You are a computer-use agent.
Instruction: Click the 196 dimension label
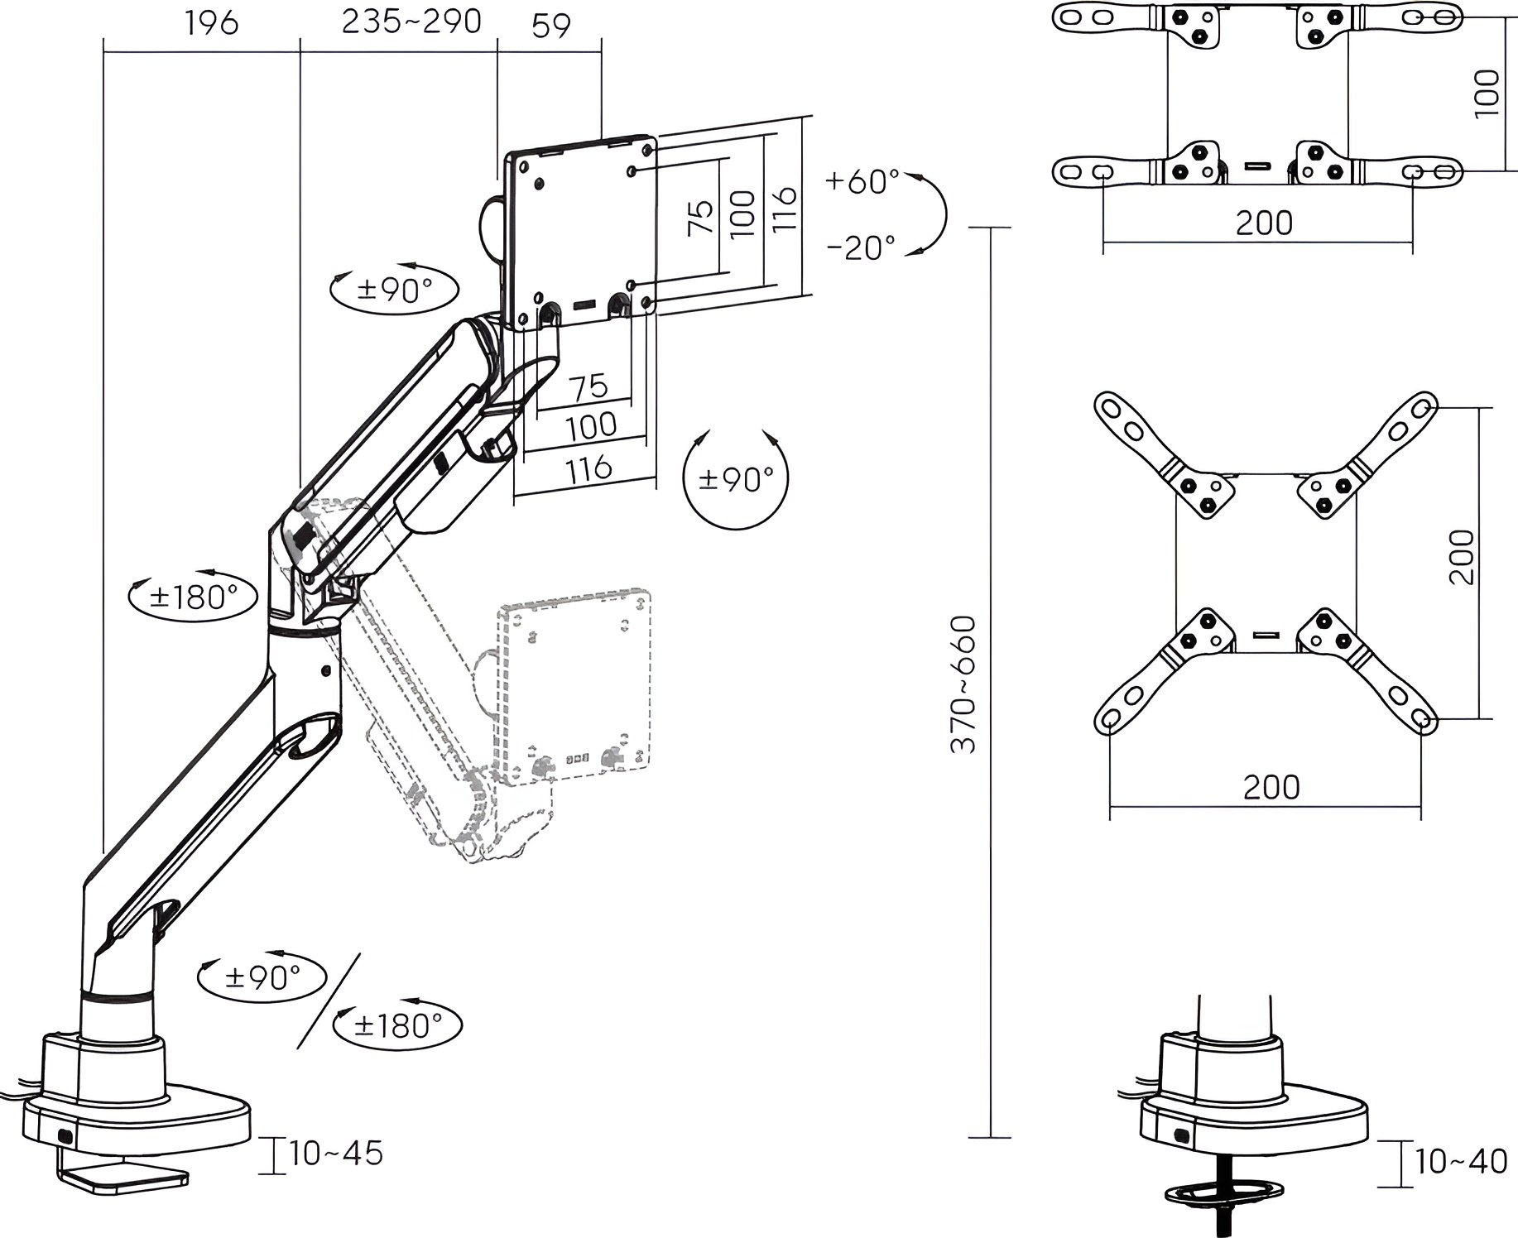212,23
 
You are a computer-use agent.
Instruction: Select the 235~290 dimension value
411,22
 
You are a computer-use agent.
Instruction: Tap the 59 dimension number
551,26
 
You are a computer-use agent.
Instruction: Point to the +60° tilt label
862,180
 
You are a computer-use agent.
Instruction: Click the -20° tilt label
861,247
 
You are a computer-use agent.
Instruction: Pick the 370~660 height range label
963,684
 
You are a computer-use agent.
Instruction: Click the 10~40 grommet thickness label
1462,1162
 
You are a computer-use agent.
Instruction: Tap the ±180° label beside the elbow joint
193,596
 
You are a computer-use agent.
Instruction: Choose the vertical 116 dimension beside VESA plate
783,208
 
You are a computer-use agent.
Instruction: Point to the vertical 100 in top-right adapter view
1487,93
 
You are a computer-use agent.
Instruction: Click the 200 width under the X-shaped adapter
1271,786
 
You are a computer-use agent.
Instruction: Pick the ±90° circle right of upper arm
736,478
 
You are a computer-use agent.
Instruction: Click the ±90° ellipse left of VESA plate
394,290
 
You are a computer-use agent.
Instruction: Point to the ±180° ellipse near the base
397,1026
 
